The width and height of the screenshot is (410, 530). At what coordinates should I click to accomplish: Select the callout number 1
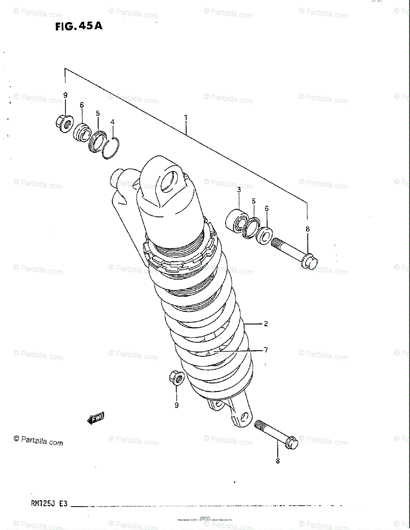[186, 118]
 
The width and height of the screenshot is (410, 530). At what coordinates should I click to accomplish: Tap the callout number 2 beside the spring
[266, 324]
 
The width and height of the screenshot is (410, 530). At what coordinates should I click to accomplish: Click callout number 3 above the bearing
[238, 190]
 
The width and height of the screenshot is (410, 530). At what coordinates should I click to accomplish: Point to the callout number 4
[112, 121]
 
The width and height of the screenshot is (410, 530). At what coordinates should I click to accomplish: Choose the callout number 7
[266, 350]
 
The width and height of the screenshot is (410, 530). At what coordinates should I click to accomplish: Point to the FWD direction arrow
[96, 418]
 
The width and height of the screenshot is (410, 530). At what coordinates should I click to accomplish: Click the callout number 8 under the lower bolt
[278, 462]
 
